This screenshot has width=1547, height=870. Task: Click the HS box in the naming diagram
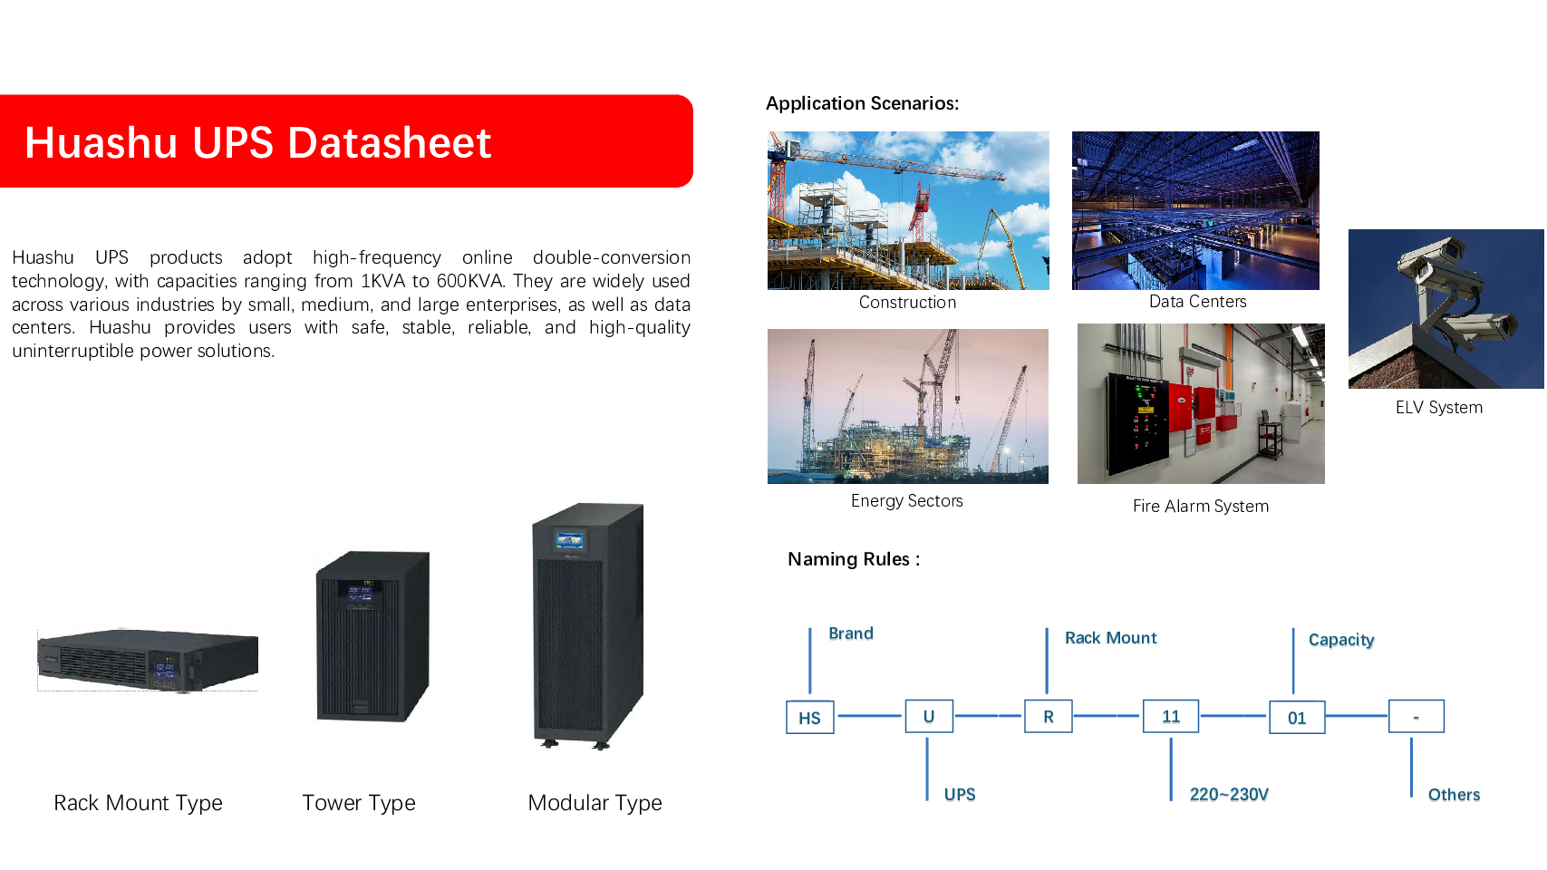809,718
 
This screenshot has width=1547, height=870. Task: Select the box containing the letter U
929,717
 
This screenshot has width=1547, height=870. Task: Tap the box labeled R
1049,717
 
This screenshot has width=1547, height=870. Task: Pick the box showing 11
1171,717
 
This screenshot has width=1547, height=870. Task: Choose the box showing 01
1297,718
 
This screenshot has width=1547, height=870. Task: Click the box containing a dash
1416,717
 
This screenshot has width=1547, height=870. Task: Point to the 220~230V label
1229,795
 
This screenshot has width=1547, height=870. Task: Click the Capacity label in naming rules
1341,640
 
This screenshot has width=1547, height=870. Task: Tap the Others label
1454,795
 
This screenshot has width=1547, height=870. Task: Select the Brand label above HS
851,633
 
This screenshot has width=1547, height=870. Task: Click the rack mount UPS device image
148,660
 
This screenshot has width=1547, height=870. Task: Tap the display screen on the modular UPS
569,541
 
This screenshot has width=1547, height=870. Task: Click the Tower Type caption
359,803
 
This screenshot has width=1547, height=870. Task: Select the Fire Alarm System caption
1201,507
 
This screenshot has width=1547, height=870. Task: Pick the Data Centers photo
1195,210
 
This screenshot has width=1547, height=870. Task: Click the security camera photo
1445,309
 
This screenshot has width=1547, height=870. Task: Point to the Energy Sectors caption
907,501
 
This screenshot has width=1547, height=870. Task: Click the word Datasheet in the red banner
390,143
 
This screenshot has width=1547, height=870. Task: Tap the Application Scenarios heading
862,103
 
